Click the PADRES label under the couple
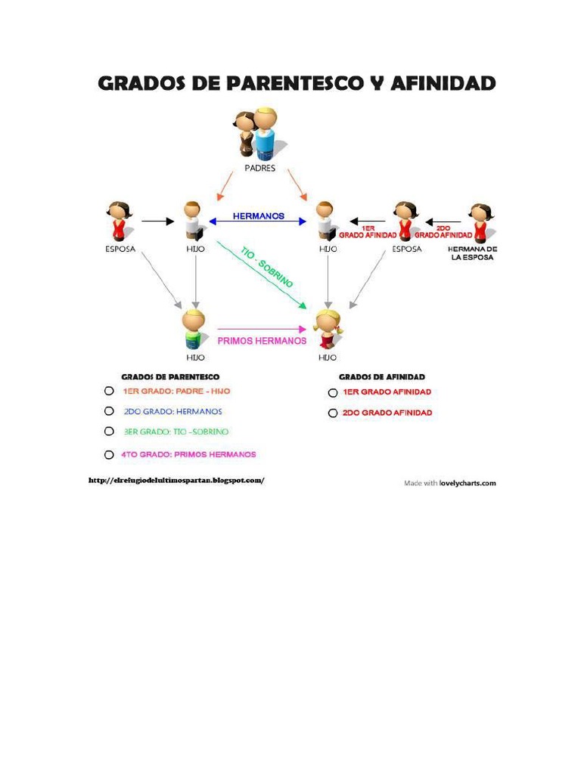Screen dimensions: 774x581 tap(259, 168)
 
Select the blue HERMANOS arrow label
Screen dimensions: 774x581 tap(259, 216)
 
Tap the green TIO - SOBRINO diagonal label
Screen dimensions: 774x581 tap(266, 266)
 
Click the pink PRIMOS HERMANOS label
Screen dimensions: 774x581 tap(262, 341)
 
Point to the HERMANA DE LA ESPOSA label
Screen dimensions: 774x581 tap(472, 253)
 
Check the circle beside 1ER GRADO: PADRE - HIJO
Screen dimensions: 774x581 tap(110, 392)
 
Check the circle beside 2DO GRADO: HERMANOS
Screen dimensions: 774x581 tap(110, 412)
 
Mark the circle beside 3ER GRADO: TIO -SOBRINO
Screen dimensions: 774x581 tap(110, 432)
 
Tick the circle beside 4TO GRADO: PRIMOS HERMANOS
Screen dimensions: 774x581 tap(110, 455)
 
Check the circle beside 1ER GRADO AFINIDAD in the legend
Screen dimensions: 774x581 tap(332, 393)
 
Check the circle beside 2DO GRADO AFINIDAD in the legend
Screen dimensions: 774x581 tap(332, 413)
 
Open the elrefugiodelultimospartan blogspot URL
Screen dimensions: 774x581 tap(176, 480)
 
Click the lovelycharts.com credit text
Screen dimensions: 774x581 tap(468, 483)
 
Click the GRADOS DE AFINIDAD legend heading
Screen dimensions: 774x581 tap(382, 376)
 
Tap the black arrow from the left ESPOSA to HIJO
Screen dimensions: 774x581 tap(158, 221)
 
